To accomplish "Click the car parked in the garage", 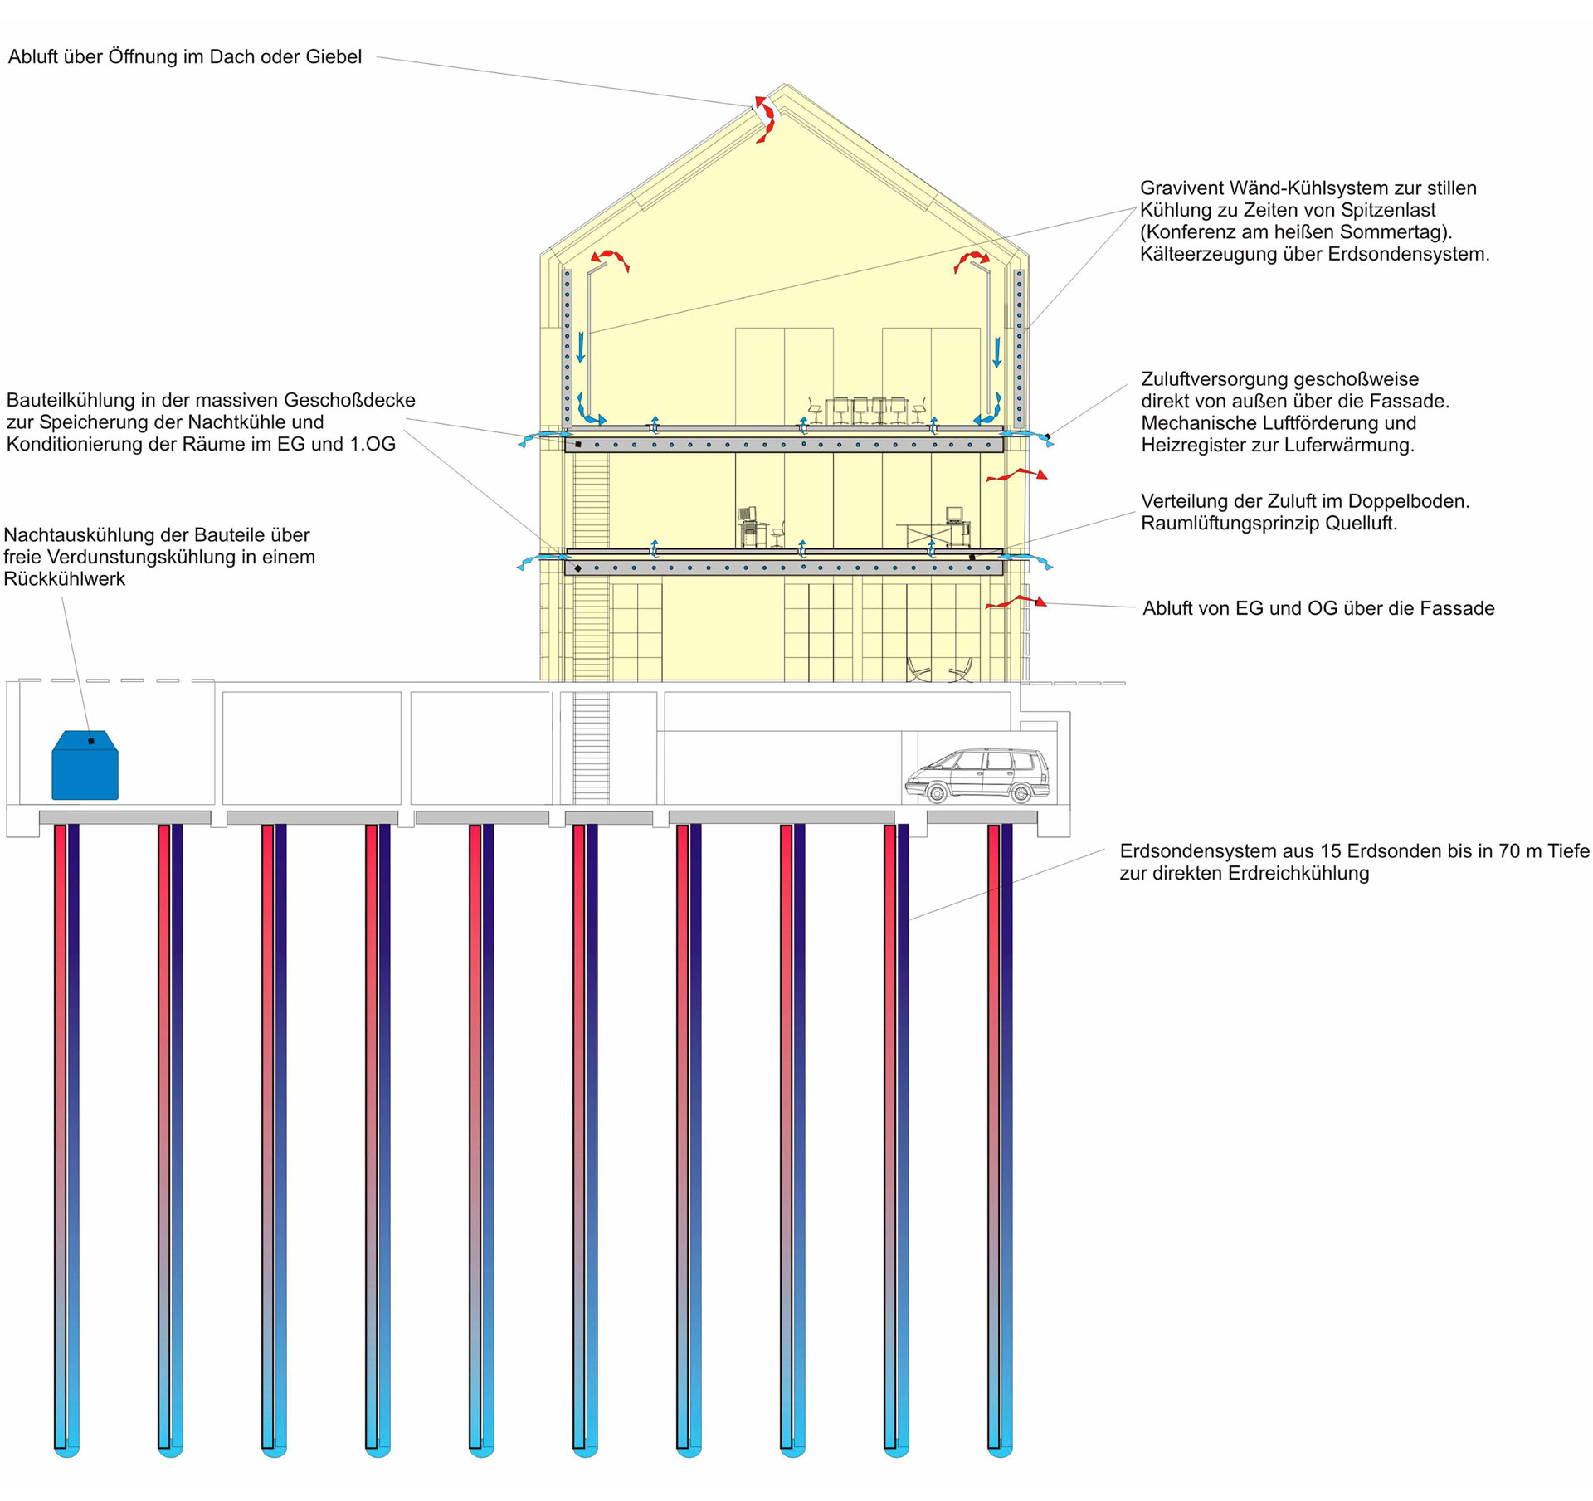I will [x=977, y=775].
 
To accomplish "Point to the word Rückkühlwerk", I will [x=64, y=579].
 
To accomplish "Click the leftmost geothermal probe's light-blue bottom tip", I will [x=67, y=1450].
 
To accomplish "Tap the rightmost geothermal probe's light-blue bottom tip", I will [x=1001, y=1450].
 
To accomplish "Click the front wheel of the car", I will [x=937, y=794].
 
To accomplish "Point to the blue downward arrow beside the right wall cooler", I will [x=997, y=351].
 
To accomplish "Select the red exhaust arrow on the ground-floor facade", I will [x=1016, y=602].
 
